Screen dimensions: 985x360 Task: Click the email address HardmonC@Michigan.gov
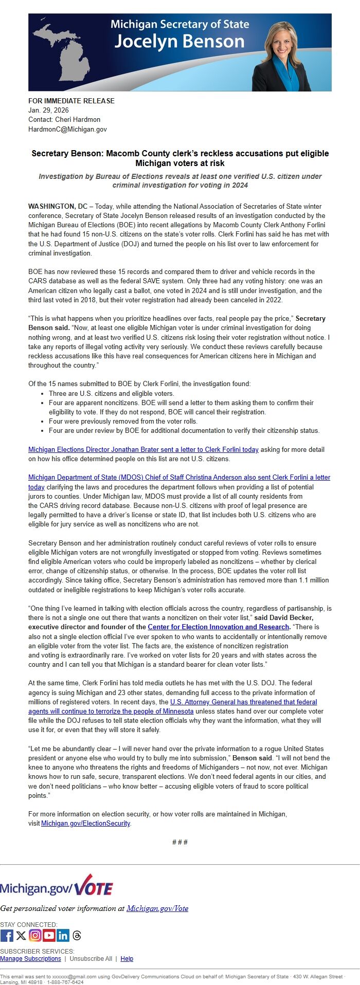(67, 129)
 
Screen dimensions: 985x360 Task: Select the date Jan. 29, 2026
(48, 110)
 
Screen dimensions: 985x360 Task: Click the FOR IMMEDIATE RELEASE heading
(71, 101)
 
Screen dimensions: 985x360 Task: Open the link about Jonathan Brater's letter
(143, 449)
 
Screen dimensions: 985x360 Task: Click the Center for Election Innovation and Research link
(218, 627)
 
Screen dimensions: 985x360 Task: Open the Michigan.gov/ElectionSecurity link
(85, 823)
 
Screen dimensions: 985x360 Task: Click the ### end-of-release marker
(179, 842)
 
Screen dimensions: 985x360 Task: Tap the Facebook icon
(7, 935)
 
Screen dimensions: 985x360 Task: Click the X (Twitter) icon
(21, 935)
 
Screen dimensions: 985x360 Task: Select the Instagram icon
(35, 935)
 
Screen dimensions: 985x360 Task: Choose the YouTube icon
(49, 935)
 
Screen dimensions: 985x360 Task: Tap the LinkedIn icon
(63, 935)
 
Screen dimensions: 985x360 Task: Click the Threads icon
(77, 935)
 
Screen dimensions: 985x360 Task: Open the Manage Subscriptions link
(30, 958)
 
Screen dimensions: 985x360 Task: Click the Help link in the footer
(127, 958)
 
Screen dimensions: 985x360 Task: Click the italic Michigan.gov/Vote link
(157, 908)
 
